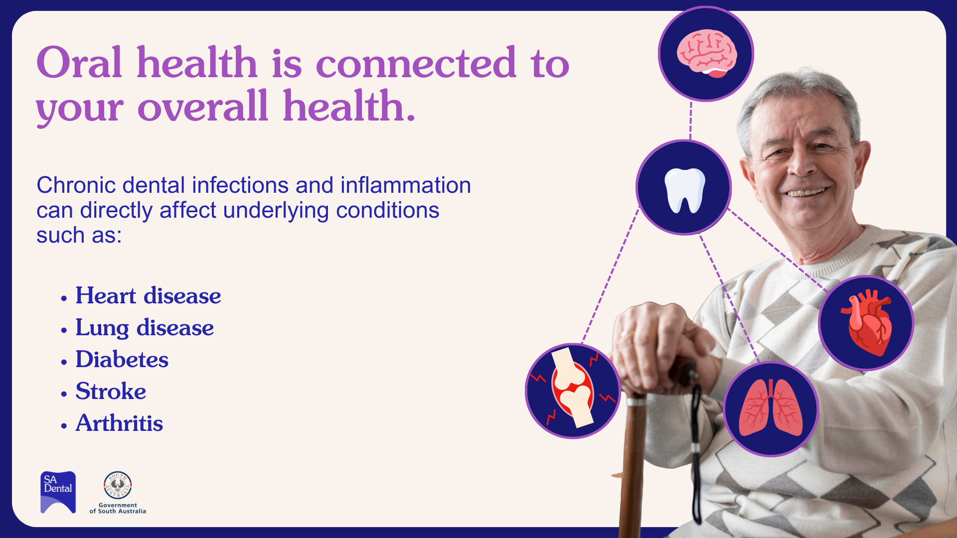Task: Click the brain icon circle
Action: pyautogui.click(x=706, y=54)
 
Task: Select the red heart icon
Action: pyautogui.click(x=867, y=322)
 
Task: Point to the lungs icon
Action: pyautogui.click(x=771, y=407)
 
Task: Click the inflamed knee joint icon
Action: pyautogui.click(x=573, y=390)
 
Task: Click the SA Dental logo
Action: pyautogui.click(x=58, y=492)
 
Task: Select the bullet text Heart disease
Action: pyautogui.click(x=148, y=296)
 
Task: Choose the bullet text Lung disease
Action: pyautogui.click(x=145, y=328)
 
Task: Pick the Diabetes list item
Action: pyautogui.click(x=122, y=360)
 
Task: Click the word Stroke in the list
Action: pyautogui.click(x=111, y=392)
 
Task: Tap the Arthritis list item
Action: pyautogui.click(x=119, y=423)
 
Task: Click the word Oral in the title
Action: pyautogui.click(x=79, y=63)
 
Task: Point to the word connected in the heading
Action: pyautogui.click(x=416, y=64)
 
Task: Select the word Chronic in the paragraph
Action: pyautogui.click(x=76, y=185)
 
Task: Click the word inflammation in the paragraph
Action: pyautogui.click(x=406, y=185)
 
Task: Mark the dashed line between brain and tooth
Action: pyautogui.click(x=691, y=121)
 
